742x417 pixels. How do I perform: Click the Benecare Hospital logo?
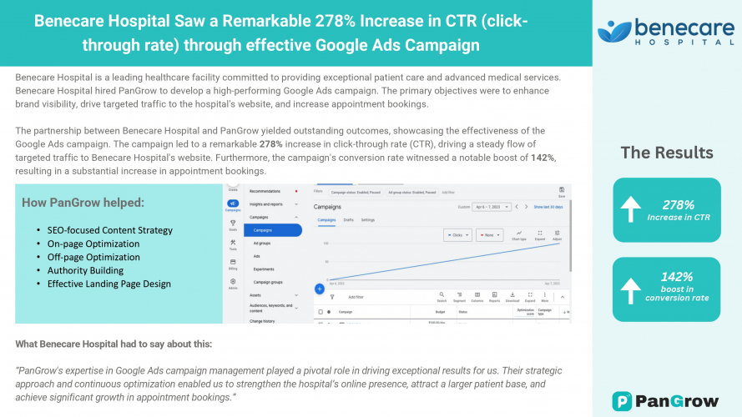[666, 32]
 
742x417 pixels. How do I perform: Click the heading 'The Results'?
[666, 153]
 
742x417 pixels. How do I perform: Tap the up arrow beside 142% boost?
[632, 289]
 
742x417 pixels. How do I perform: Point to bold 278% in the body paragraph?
[270, 144]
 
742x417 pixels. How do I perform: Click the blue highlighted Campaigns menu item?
[263, 230]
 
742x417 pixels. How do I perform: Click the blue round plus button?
[319, 289]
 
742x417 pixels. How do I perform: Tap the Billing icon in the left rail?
[233, 264]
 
